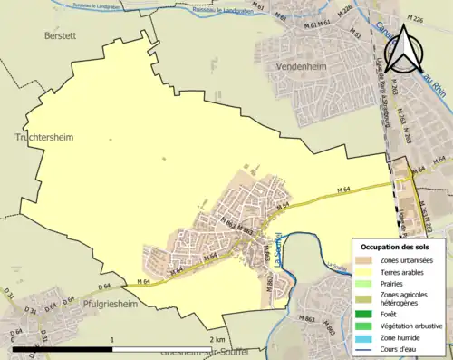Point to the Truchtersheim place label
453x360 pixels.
coord(43,136)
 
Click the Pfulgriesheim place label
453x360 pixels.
coord(114,306)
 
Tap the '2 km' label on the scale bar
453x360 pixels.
coord(223,339)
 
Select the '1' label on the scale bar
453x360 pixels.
coord(111,339)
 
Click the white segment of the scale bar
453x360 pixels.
coord(168,348)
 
